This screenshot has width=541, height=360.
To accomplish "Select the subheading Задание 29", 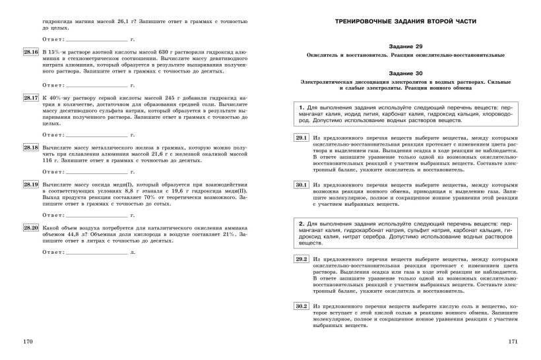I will click(406, 47).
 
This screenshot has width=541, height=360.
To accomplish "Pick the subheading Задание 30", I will click(406, 73).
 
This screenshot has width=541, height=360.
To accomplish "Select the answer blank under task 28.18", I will click(96, 171).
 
